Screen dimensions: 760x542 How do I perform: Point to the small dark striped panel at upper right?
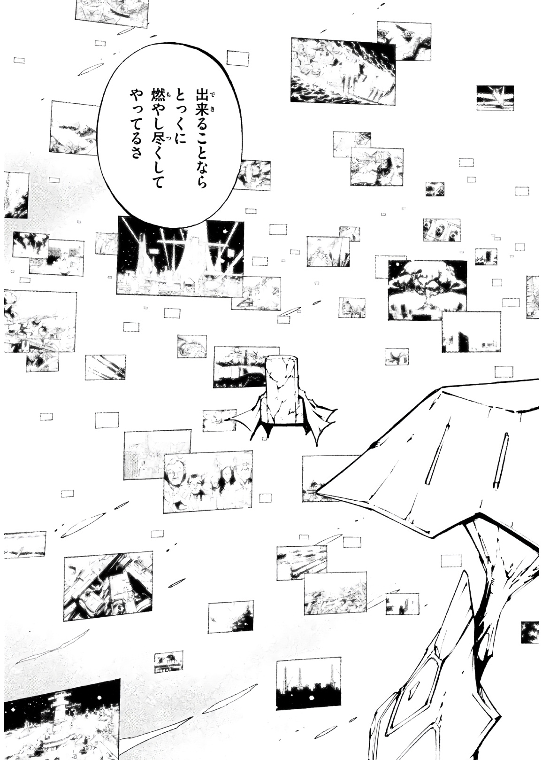pos(495,97)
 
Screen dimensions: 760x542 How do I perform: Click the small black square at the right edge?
pos(530,632)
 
